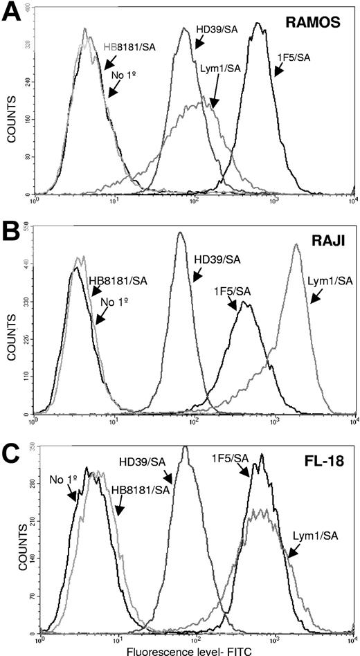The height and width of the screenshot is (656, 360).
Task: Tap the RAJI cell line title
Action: (x=323, y=244)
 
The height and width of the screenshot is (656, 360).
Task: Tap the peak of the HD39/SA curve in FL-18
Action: (x=185, y=447)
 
